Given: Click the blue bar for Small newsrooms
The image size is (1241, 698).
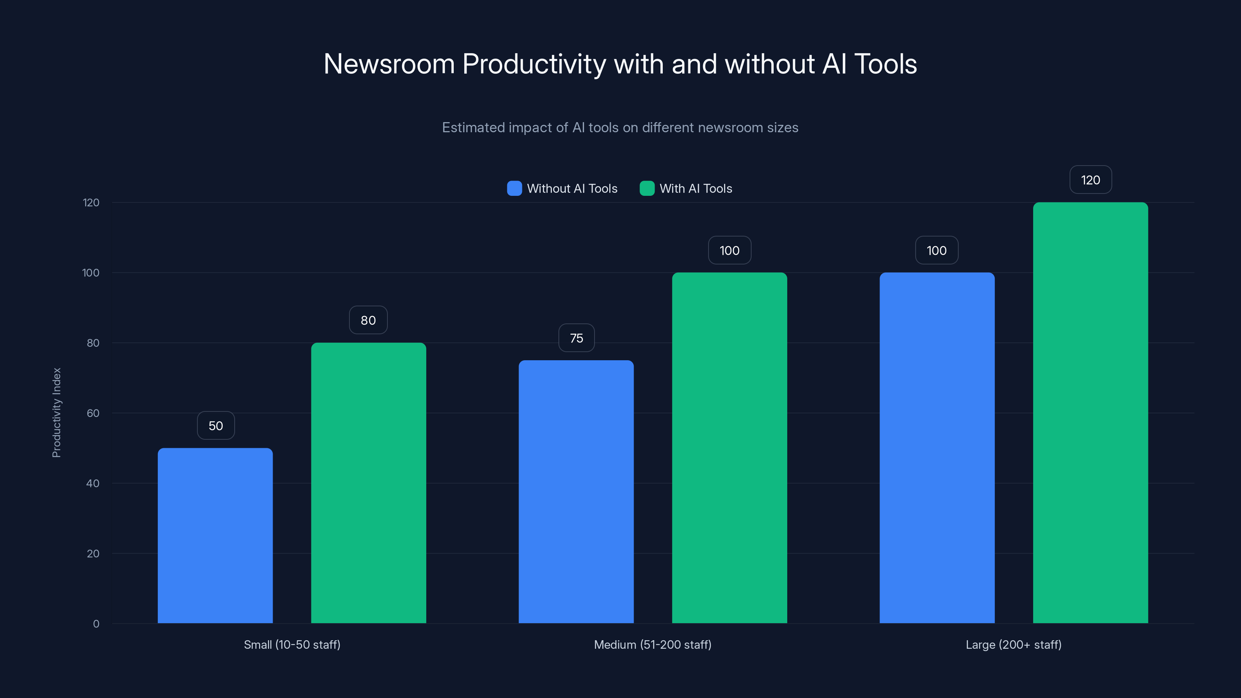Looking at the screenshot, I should pyautogui.click(x=215, y=535).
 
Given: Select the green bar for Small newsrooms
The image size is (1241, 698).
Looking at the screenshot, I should pyautogui.click(x=368, y=483).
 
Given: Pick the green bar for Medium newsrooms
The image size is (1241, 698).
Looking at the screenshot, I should pyautogui.click(x=729, y=447).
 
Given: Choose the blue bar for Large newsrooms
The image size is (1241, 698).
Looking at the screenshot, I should pyautogui.click(x=937, y=447).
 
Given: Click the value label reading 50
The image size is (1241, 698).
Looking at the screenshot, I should pyautogui.click(x=216, y=426).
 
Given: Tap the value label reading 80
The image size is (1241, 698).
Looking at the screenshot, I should pyautogui.click(x=368, y=320).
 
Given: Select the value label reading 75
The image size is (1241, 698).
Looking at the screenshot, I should pyautogui.click(x=576, y=338).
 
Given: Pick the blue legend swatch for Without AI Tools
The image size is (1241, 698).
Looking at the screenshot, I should pyautogui.click(x=514, y=188).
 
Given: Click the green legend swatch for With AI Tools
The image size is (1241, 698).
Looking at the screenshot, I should pyautogui.click(x=646, y=188).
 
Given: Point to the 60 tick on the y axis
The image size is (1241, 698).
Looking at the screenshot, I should pyautogui.click(x=93, y=413).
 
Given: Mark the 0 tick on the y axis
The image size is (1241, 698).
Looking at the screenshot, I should pyautogui.click(x=96, y=624).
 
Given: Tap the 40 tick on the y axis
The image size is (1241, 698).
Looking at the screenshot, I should pyautogui.click(x=93, y=483).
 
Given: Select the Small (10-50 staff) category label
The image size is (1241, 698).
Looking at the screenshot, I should pyautogui.click(x=292, y=644).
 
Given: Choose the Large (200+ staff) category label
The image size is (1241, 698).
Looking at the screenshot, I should pyautogui.click(x=1013, y=644).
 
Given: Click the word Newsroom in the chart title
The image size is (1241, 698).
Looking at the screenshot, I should pyautogui.click(x=389, y=64).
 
